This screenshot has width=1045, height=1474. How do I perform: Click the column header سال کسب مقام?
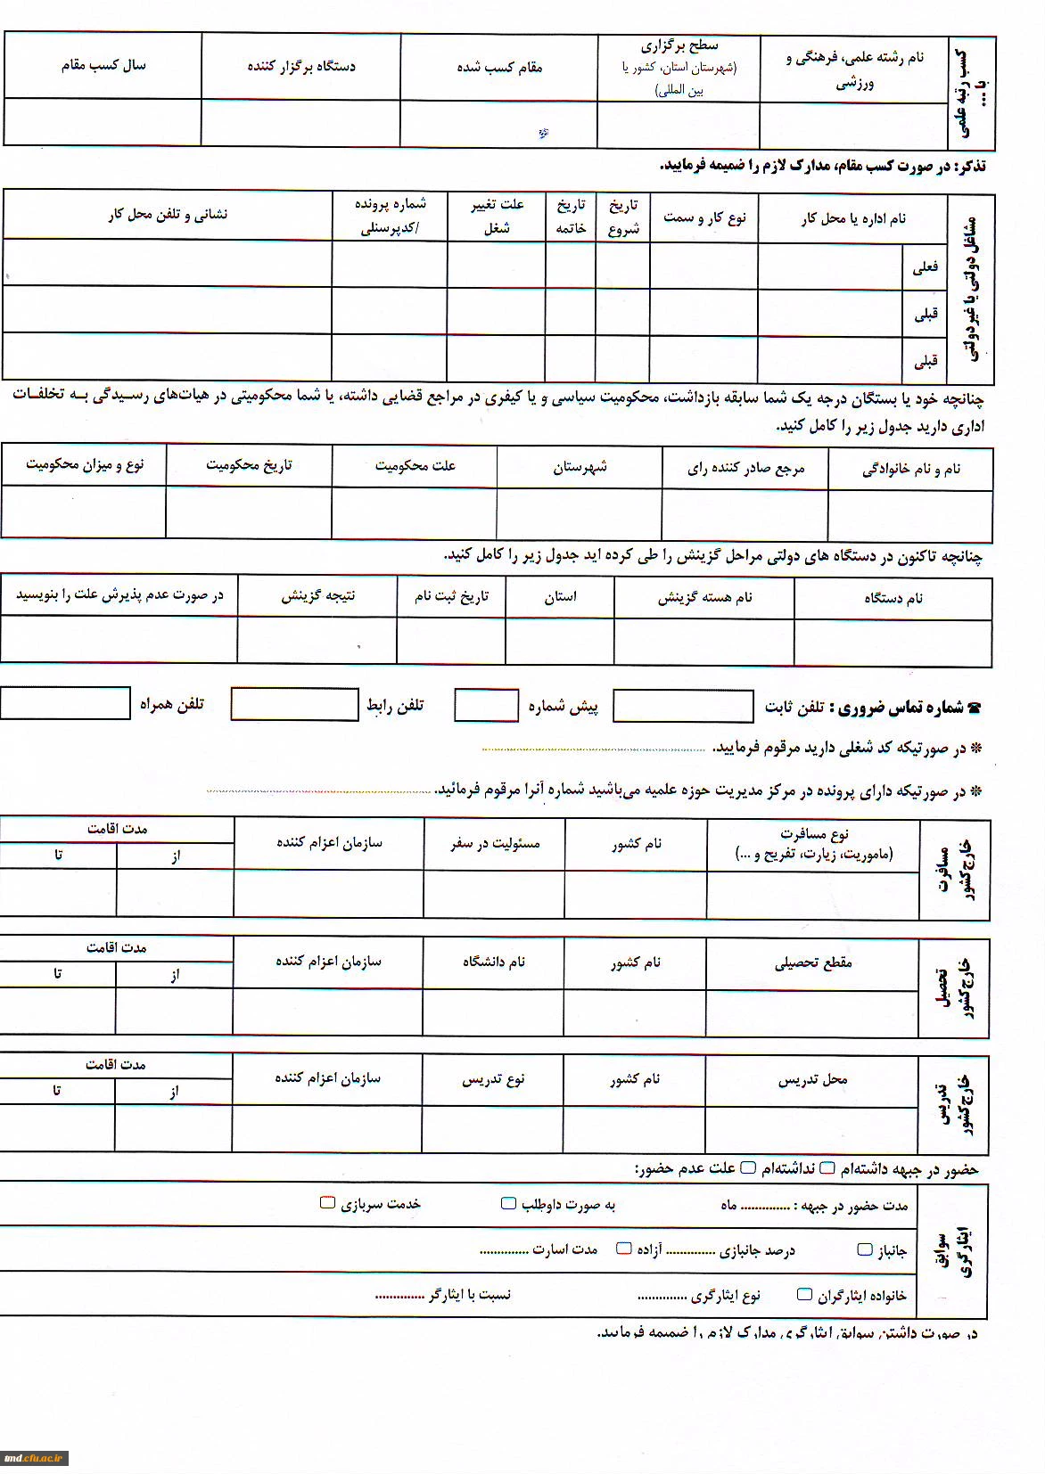(x=103, y=65)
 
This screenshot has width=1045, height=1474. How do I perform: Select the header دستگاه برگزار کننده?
(x=301, y=66)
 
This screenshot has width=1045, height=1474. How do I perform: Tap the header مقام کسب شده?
(x=499, y=67)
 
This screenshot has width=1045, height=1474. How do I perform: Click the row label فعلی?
(x=925, y=266)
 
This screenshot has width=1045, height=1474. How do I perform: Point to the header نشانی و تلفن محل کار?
(x=168, y=215)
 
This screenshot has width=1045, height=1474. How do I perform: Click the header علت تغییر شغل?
(x=497, y=216)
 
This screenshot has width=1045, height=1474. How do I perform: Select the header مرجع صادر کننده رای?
(x=745, y=469)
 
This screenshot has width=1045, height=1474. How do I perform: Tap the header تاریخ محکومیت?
(x=249, y=465)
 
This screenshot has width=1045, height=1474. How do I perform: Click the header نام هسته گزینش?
(x=704, y=598)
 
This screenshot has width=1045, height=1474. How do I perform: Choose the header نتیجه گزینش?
(x=317, y=595)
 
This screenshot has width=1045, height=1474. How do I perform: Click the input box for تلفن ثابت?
(x=683, y=707)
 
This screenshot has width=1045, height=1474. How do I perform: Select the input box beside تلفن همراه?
(x=65, y=703)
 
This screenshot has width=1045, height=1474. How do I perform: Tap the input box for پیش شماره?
(x=486, y=705)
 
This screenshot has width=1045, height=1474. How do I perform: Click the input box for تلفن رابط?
(x=294, y=704)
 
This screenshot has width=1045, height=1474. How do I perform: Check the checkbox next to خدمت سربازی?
(x=327, y=1203)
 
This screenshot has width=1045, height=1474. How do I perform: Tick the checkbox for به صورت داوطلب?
(x=508, y=1204)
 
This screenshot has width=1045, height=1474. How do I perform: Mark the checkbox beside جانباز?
(x=864, y=1249)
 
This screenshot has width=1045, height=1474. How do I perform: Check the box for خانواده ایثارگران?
(x=804, y=1294)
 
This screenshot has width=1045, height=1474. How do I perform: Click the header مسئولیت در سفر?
(x=495, y=843)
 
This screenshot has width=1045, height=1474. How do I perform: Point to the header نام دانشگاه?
(x=493, y=962)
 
